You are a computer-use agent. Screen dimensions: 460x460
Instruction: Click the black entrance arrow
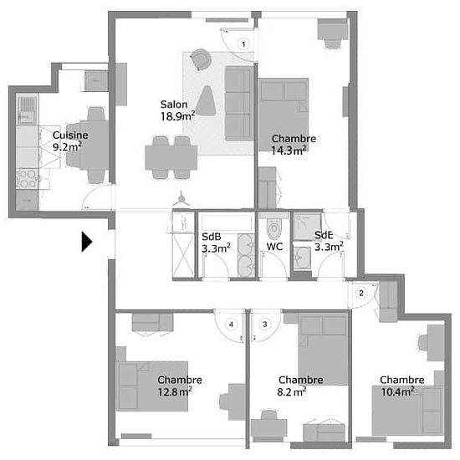pyautogui.click(x=86, y=242)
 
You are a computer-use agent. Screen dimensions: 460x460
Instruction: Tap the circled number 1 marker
pyautogui.click(x=243, y=43)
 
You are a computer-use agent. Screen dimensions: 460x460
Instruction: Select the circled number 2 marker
pyautogui.click(x=360, y=292)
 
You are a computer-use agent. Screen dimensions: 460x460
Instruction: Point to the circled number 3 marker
pyautogui.click(x=265, y=324)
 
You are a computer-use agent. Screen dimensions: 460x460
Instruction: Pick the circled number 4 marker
pyautogui.click(x=232, y=324)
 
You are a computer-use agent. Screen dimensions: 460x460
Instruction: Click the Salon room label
pyautogui.click(x=174, y=105)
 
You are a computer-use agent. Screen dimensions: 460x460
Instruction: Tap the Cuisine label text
pyautogui.click(x=69, y=135)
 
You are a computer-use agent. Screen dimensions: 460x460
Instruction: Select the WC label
pyautogui.click(x=275, y=247)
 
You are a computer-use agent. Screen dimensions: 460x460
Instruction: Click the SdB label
pyautogui.click(x=211, y=237)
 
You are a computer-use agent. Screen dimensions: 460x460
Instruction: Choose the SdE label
pyautogui.click(x=325, y=236)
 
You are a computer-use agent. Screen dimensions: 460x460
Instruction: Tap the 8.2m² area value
pyautogui.click(x=292, y=390)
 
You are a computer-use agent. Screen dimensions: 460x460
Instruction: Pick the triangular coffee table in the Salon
pyautogui.click(x=209, y=101)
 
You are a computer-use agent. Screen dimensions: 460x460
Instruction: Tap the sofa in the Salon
pyautogui.click(x=238, y=104)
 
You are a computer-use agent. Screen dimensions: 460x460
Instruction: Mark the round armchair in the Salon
pyautogui.click(x=200, y=59)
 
